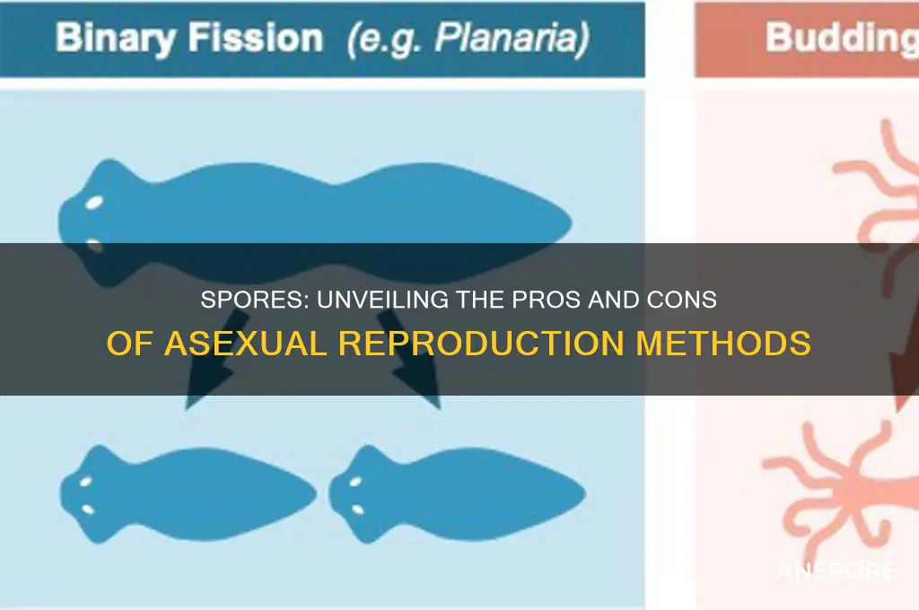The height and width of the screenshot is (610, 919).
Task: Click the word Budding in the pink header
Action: coord(839,39)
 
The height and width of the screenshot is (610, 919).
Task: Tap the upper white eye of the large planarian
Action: coord(93,204)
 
